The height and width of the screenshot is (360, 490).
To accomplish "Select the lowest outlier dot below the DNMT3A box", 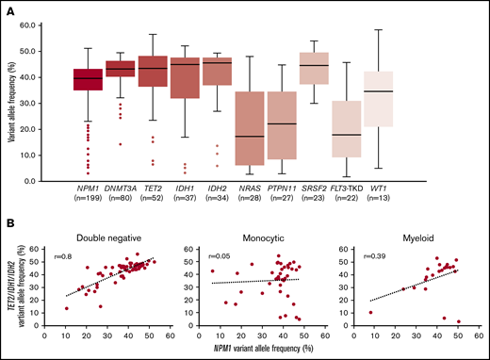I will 118,144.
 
